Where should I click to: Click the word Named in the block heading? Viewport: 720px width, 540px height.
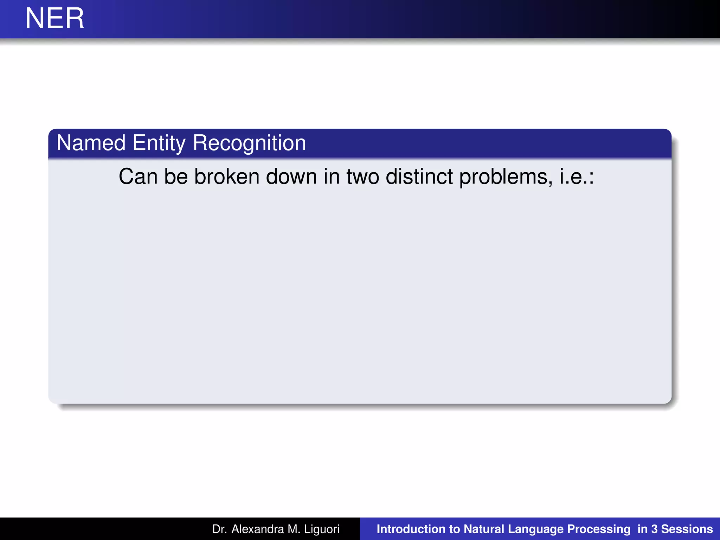pos(91,143)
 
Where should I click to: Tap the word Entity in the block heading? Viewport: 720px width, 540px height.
pos(159,143)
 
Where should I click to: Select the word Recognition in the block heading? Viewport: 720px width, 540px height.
pos(249,143)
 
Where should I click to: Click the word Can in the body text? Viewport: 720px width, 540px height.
pos(138,176)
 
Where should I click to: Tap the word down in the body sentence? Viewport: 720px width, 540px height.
pos(291,176)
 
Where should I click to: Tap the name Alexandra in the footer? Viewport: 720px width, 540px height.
pos(258,529)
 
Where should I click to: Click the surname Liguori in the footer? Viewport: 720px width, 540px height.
pos(322,529)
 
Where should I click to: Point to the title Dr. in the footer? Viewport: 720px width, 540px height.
pos(220,529)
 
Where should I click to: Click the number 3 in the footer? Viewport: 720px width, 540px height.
pos(654,529)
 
